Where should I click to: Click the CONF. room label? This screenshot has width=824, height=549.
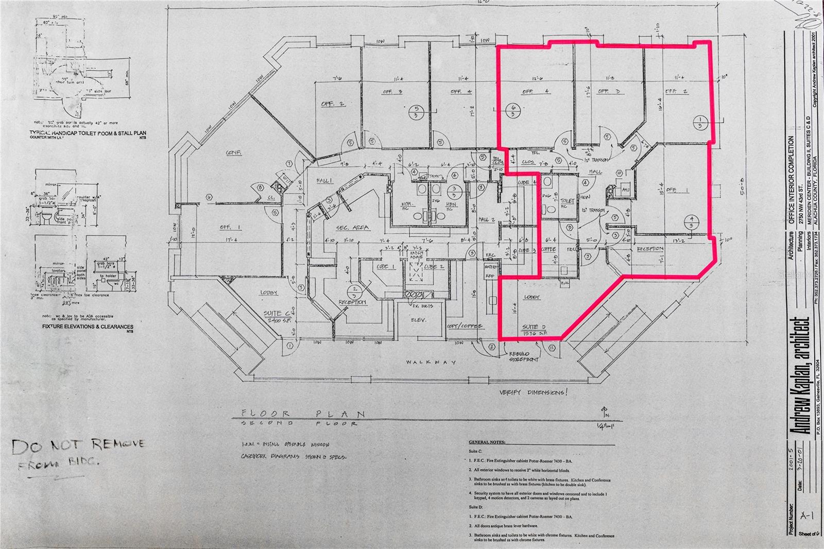tap(234, 153)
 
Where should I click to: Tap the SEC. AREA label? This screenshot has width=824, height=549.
tap(353, 227)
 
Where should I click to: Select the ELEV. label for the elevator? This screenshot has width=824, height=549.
tap(417, 320)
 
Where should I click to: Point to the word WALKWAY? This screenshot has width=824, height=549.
tap(431, 362)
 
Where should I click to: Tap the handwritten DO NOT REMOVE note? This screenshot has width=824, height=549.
tap(78, 445)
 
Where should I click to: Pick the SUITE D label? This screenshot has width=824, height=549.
tap(533, 327)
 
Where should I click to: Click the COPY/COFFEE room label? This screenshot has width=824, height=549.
tap(465, 326)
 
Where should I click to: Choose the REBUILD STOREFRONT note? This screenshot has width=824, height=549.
tap(524, 356)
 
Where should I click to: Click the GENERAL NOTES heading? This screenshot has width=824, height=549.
tap(487, 442)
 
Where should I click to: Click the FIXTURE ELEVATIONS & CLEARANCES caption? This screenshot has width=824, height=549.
tap(88, 327)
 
